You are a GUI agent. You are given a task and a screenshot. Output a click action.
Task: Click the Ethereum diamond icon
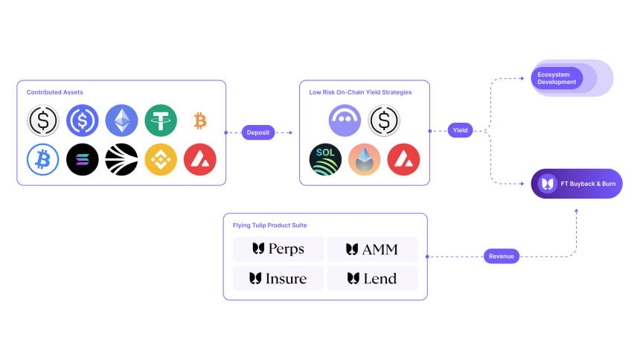tap(121, 120)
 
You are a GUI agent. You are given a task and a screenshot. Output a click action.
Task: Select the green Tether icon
tap(161, 120)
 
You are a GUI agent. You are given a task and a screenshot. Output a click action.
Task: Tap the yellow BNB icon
tap(161, 159)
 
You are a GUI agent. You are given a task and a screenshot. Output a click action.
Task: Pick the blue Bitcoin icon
tap(43, 159)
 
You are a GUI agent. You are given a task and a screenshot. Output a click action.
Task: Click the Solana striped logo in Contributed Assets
tap(83, 159)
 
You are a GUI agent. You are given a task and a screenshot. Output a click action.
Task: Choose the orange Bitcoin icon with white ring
tap(199, 120)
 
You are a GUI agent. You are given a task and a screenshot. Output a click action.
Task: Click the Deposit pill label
tap(258, 132)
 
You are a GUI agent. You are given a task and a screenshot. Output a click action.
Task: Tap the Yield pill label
tap(460, 130)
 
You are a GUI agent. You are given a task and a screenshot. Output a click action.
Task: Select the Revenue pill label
tap(502, 256)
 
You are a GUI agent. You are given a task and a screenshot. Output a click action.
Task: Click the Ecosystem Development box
tap(572, 78)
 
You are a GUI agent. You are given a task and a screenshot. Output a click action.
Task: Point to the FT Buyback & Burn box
tap(577, 183)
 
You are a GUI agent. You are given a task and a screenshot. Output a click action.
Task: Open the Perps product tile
tap(278, 249)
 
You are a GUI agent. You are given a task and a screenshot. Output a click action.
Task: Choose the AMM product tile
tap(372, 249)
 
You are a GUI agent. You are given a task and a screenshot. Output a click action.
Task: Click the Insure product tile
tap(278, 279)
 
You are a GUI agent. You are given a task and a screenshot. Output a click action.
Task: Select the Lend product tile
tap(372, 279)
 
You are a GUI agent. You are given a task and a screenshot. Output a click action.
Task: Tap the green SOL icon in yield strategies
tap(325, 159)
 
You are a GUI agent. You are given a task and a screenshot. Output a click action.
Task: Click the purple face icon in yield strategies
tap(345, 120)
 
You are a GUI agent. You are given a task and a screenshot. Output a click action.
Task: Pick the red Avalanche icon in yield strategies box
tap(403, 159)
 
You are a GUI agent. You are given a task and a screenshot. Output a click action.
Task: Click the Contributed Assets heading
tap(55, 92)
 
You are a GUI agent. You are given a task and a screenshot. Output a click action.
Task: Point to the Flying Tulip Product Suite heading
tap(269, 225)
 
